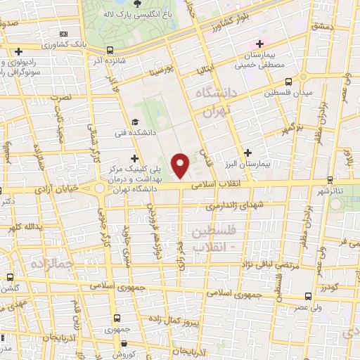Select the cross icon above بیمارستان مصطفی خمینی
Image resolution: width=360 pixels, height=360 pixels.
tap(259, 44)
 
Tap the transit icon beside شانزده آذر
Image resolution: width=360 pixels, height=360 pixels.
tap(110, 50)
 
